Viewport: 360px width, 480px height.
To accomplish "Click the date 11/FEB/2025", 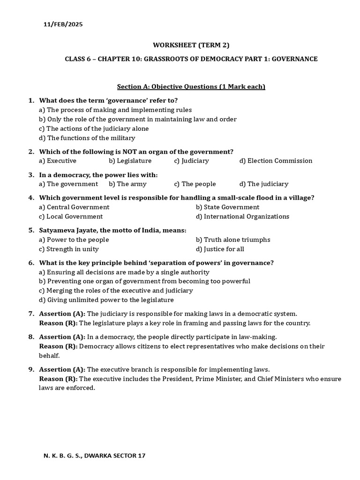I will [x=63, y=24].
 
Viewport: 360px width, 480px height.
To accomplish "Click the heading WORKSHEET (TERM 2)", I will [x=191, y=45].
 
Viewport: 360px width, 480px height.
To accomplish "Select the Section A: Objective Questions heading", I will [x=191, y=86].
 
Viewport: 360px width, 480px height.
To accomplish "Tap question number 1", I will [x=31, y=100].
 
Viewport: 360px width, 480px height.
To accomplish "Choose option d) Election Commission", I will [x=276, y=161].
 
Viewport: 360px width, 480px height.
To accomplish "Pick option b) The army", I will [x=127, y=184].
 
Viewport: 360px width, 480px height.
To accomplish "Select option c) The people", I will [x=195, y=184].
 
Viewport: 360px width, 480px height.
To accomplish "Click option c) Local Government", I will [x=71, y=217].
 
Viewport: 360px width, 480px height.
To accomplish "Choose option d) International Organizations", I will [x=243, y=217].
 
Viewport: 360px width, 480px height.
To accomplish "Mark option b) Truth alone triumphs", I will [x=233, y=240].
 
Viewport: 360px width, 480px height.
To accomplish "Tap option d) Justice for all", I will [x=220, y=249].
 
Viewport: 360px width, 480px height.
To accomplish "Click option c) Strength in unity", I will [x=69, y=249].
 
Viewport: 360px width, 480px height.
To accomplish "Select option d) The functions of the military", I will [x=87, y=138].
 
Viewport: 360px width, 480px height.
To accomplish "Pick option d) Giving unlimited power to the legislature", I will [x=106, y=300].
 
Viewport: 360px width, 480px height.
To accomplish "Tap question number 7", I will [x=31, y=314].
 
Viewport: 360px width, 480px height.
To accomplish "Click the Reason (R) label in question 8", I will [x=58, y=346].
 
